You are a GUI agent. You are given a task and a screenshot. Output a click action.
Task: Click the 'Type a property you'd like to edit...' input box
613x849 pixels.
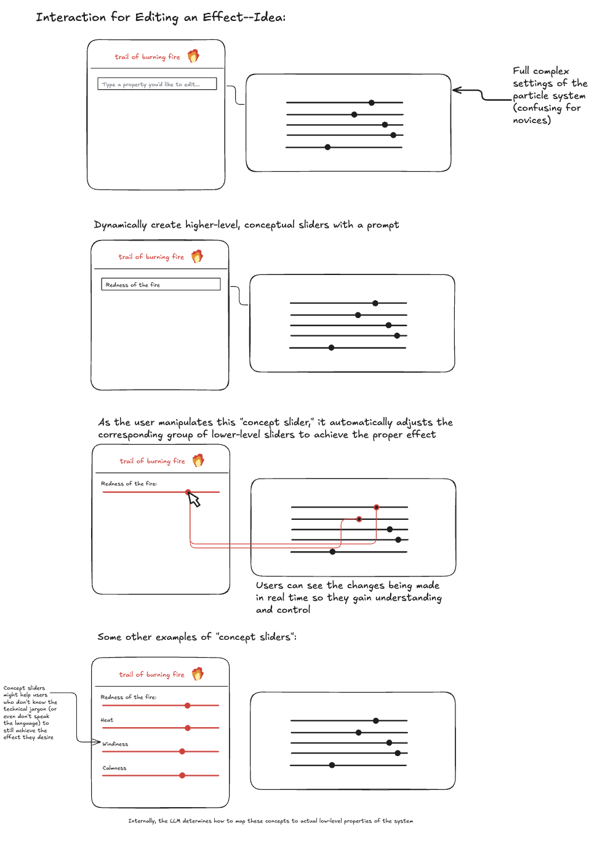[157, 84]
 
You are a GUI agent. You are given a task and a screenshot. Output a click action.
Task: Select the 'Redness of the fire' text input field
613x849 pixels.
[161, 284]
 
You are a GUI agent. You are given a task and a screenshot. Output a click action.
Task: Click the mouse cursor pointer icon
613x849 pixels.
[194, 500]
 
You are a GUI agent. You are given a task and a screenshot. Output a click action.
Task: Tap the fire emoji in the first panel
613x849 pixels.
[193, 56]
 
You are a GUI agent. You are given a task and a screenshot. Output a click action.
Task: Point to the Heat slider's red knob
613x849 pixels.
[188, 728]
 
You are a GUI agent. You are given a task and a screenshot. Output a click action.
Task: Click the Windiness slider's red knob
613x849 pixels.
[182, 751]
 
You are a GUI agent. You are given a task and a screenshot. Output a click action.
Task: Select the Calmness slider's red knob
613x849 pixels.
[182, 775]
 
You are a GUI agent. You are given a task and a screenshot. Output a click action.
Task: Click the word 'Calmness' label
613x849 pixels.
[114, 768]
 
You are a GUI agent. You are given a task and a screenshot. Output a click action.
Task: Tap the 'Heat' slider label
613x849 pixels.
[107, 720]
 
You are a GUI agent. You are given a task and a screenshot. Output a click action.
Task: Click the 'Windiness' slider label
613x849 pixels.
[115, 744]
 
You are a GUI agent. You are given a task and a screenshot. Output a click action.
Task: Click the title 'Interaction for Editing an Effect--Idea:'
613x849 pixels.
[161, 17]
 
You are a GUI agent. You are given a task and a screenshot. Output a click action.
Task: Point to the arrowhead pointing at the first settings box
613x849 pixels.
[455, 90]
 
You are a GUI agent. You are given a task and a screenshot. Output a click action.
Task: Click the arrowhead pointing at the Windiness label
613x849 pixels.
[97, 742]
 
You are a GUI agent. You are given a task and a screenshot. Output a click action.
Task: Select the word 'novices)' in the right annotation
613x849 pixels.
[532, 120]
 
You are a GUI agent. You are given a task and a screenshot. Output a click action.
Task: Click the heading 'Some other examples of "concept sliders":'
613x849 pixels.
[197, 637]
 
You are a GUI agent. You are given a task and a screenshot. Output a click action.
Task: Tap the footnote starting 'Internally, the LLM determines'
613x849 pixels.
[271, 821]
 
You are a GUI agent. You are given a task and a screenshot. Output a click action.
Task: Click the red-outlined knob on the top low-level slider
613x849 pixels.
[376, 507]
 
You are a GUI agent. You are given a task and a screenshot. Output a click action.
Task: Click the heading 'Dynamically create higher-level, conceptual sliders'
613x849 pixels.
[246, 225]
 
